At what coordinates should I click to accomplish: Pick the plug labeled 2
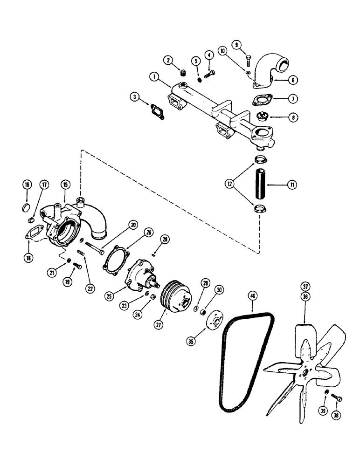183,73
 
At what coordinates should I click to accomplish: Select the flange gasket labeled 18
33,232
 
